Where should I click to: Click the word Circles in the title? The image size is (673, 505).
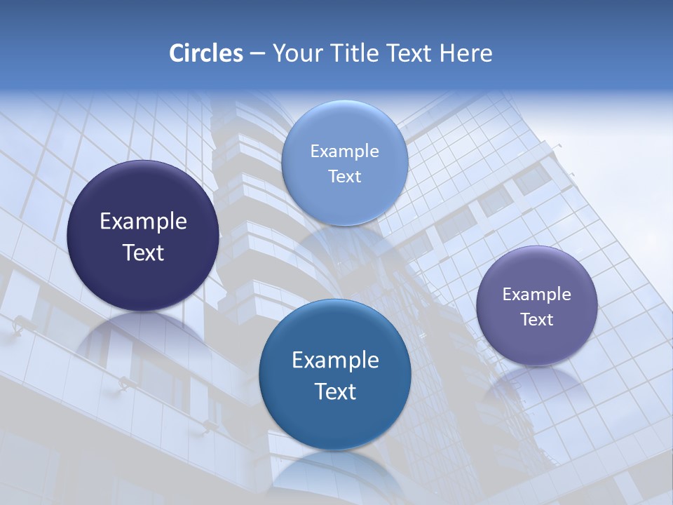[205, 53]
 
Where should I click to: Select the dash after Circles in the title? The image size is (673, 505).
[257, 54]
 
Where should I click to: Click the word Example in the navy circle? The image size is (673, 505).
[143, 222]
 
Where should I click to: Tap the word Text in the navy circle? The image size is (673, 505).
[143, 252]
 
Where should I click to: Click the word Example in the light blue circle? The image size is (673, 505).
[344, 151]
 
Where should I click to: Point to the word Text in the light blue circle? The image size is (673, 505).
[344, 176]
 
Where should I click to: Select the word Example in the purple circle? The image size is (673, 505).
[536, 295]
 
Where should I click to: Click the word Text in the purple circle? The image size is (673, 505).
[536, 320]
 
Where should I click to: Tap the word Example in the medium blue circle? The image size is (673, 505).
[335, 361]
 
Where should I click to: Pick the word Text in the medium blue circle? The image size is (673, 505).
[335, 391]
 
